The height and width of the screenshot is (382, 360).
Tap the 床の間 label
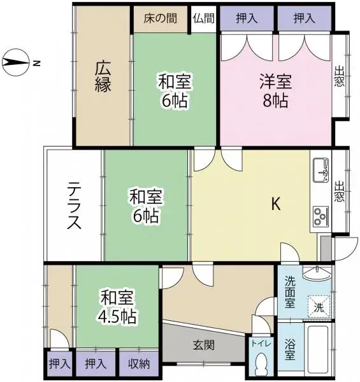pos(160,18)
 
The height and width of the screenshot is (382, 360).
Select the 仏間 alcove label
pos(204,18)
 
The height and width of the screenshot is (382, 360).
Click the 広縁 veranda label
pos(103,77)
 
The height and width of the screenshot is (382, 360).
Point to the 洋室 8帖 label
pos(275,91)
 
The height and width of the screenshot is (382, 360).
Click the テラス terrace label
pos(74,206)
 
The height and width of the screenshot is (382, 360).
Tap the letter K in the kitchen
pos(276,204)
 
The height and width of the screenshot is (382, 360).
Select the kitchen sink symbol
pos(320,170)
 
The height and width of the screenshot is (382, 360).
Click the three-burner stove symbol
pos(320,216)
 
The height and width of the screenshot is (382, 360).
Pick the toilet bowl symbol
pos(261,364)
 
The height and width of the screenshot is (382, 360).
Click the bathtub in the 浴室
pos(318,350)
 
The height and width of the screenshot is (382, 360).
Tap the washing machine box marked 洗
pos(319,307)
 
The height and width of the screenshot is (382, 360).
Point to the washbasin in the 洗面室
pos(317,272)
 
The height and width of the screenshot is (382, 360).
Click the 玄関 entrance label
pos(204,345)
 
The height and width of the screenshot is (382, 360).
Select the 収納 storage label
pos(139,364)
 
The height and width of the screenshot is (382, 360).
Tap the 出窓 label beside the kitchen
pos(339,191)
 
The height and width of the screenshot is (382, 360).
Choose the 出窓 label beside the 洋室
pos(339,76)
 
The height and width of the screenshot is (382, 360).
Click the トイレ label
pos(261,344)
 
